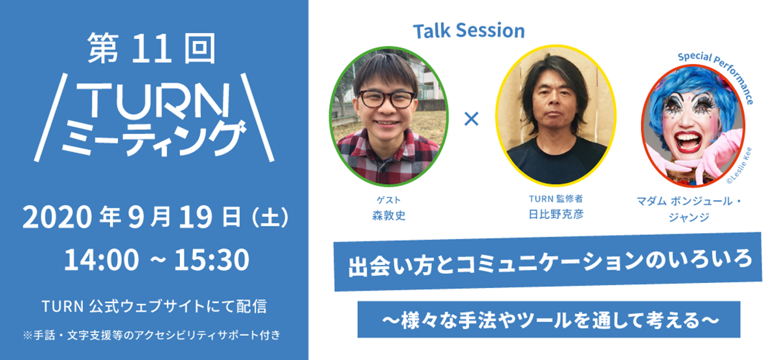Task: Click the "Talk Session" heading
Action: tap(469, 30)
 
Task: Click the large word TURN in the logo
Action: tap(153, 100)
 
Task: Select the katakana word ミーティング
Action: tap(153, 138)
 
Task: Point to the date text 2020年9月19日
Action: tap(132, 217)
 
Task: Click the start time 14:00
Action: tap(101, 260)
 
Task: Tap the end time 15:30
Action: tap(212, 260)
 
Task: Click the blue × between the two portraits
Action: tap(471, 119)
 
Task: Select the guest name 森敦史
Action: tap(388, 216)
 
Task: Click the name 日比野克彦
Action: tap(556, 214)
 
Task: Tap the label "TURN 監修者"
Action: tap(556, 199)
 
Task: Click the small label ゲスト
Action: tap(388, 200)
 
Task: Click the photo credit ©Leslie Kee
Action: tap(739, 166)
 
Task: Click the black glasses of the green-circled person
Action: tap(386, 99)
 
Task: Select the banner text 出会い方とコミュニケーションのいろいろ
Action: tap(550, 262)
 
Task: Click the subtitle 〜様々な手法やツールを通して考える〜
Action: tap(550, 320)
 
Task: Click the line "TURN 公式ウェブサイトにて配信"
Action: tap(154, 306)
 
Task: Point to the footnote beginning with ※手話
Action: tap(152, 335)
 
